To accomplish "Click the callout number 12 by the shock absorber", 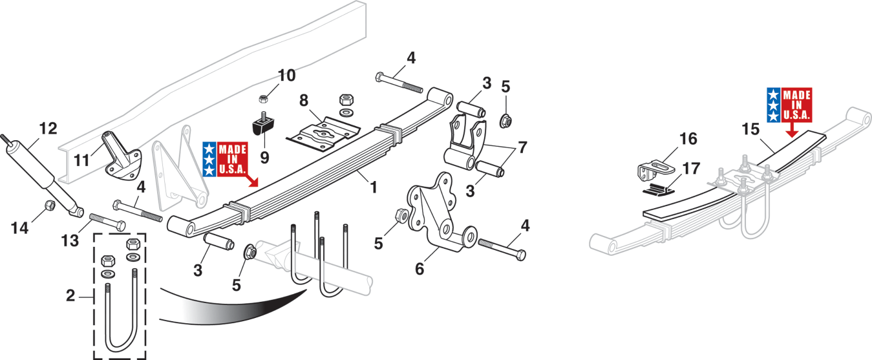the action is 48,129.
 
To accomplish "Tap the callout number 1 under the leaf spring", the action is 374,187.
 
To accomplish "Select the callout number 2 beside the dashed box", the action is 70,296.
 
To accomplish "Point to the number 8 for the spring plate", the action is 304,100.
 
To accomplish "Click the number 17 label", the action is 692,169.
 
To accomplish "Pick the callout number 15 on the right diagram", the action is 750,130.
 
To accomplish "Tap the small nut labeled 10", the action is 264,98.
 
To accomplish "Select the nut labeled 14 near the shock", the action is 49,205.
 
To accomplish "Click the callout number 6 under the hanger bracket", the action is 420,269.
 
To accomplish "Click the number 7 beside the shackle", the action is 522,147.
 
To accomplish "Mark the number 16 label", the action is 688,139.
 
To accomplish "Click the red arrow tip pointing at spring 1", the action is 256,184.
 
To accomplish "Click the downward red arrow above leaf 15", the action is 791,130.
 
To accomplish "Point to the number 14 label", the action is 19,228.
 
